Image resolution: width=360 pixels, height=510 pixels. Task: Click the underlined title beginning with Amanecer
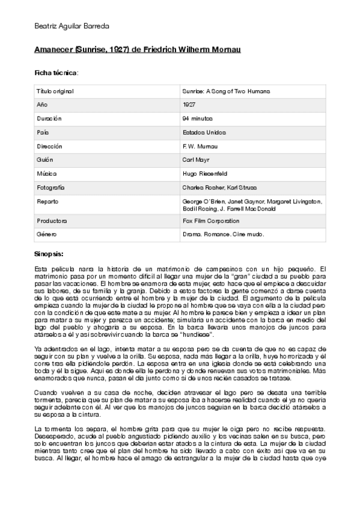pos(138,49)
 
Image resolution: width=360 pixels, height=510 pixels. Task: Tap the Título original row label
pos(55,91)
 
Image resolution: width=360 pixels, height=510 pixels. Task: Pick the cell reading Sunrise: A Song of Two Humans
pos(226,91)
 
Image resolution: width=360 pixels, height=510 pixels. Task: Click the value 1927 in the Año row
pos(189,105)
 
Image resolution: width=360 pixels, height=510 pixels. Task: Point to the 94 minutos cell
pos(197,118)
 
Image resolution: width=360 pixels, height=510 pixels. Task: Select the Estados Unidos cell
pos(204,132)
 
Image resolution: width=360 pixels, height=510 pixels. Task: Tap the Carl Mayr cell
pos(195,160)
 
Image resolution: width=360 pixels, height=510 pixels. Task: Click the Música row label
pos(46,174)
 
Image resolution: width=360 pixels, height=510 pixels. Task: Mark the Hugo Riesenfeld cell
pos(203,174)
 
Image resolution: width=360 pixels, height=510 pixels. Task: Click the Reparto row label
pos(47,201)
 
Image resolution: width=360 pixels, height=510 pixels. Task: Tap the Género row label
pos(47,235)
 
